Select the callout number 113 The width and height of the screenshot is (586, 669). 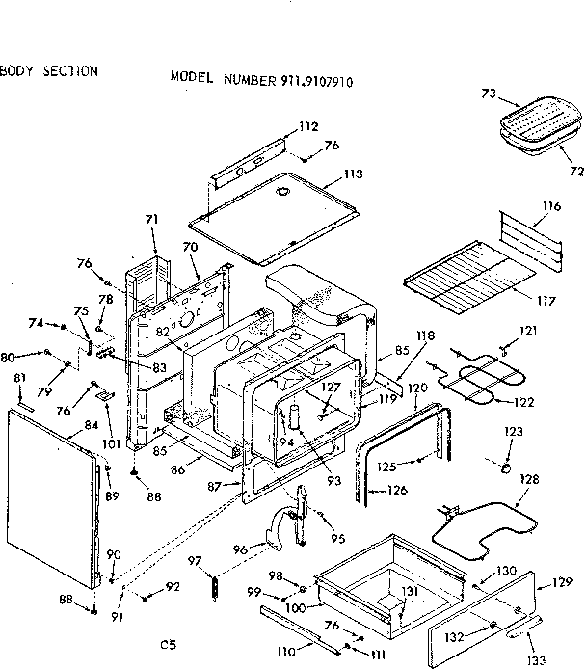point(353,174)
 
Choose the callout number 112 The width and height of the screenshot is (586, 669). point(307,126)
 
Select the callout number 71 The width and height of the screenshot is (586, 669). point(150,221)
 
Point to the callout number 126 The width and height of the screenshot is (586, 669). point(396,490)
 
